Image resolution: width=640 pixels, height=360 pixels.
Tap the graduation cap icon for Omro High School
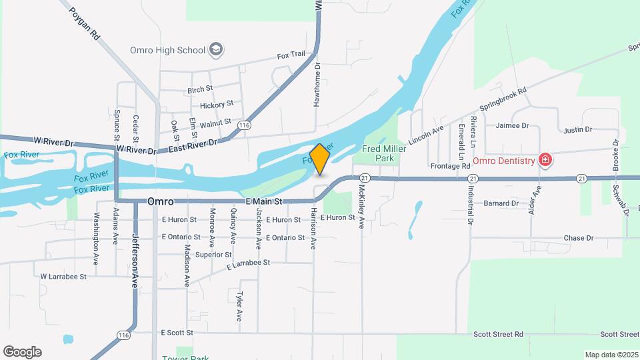tap(215, 49)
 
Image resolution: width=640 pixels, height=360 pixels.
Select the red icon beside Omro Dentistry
tap(545, 160)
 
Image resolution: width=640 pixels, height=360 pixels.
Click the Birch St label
tap(200, 89)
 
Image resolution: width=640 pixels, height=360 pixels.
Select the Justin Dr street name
tap(577, 129)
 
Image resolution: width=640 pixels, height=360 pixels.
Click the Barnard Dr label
tap(501, 203)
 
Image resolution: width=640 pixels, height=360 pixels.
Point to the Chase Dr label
tap(578, 238)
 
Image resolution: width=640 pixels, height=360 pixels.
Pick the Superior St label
tap(213, 254)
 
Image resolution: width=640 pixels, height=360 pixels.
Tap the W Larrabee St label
tap(63, 276)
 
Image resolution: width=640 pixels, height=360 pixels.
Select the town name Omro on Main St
tap(160, 201)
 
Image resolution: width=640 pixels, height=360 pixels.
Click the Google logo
tap(22, 351)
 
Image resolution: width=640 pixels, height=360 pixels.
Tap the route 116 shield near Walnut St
tap(245, 125)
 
